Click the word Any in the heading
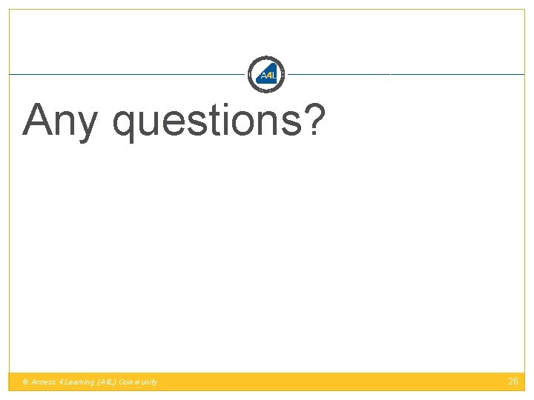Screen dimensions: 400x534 point(59,121)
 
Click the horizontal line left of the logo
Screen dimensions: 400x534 point(126,74)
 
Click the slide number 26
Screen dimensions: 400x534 point(513,381)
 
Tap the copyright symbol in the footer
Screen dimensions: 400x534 point(25,382)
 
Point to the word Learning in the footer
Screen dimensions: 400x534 point(79,382)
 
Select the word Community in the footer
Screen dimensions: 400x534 point(138,382)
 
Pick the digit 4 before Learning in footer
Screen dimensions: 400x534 point(62,382)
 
